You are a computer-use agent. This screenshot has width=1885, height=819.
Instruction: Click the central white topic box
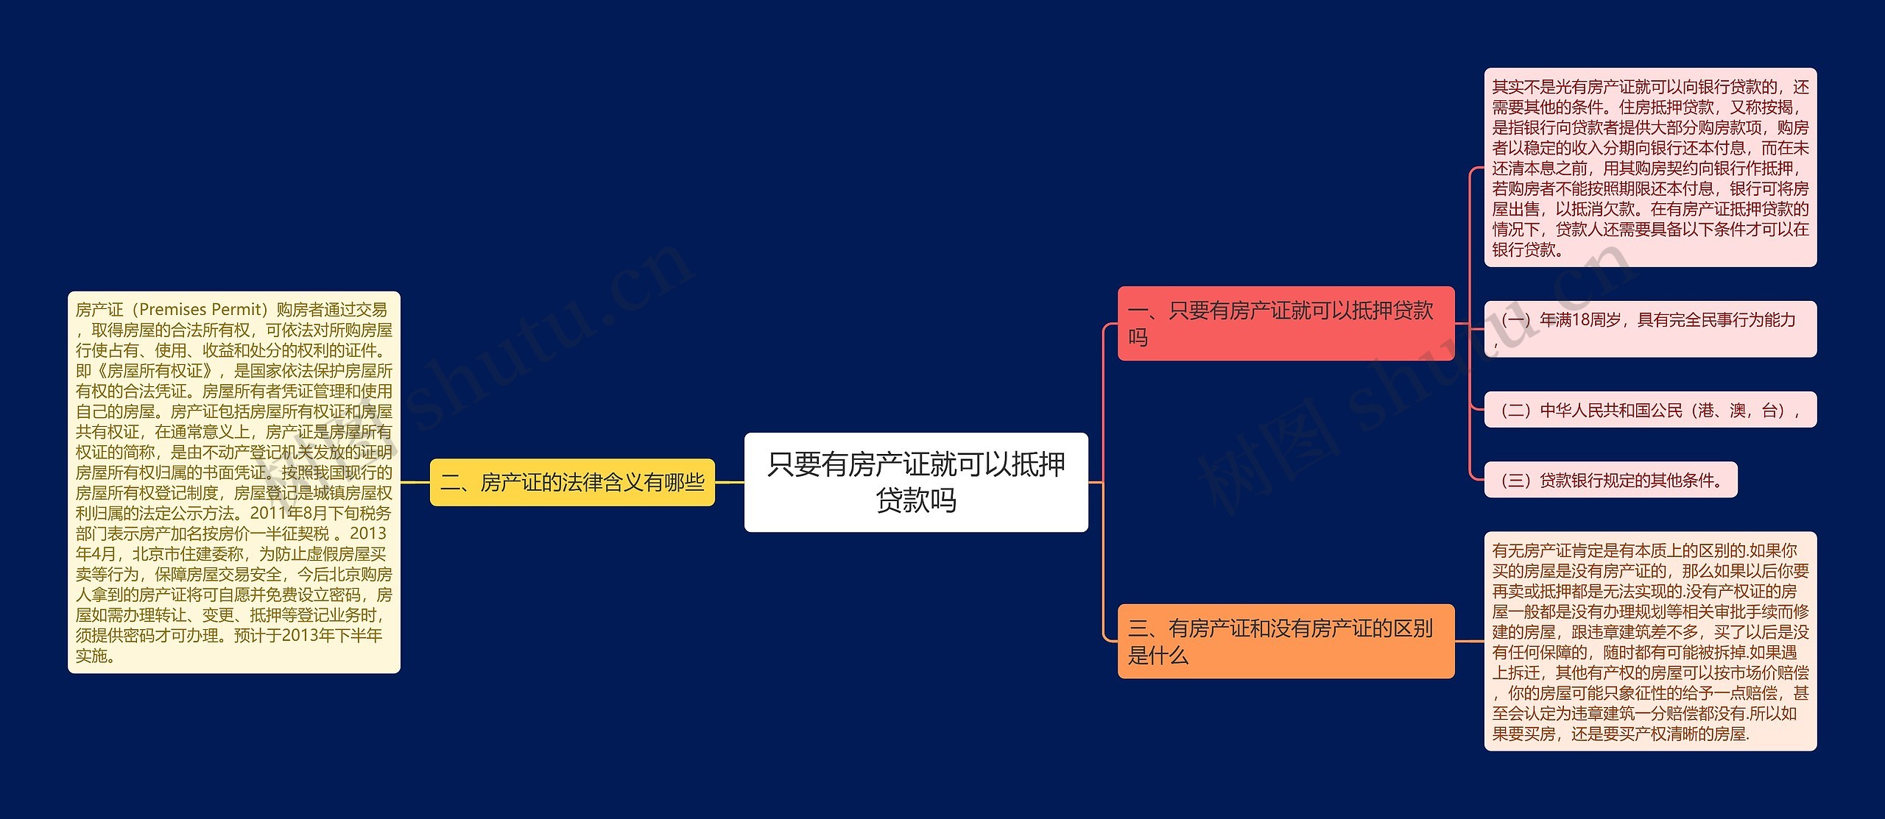click(915, 482)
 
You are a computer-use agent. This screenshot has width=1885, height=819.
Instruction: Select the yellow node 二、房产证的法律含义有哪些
click(572, 483)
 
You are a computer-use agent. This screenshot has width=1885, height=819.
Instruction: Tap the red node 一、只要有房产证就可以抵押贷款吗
click(1285, 323)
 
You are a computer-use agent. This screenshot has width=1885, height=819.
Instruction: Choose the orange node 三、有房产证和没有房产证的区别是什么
click(1285, 641)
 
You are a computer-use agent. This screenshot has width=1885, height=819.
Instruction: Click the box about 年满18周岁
click(1649, 329)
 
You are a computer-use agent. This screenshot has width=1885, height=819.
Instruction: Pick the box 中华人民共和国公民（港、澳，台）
click(1649, 410)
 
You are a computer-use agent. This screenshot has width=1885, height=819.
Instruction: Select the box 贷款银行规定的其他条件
click(1610, 480)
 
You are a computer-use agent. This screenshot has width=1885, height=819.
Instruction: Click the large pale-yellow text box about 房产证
click(234, 482)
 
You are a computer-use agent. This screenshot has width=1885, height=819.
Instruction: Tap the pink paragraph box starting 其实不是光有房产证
click(1649, 168)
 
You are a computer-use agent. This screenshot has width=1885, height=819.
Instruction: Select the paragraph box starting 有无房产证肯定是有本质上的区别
click(1649, 641)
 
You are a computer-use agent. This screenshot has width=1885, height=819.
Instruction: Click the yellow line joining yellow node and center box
click(729, 483)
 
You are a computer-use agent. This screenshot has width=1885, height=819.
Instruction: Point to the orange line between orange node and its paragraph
click(1469, 641)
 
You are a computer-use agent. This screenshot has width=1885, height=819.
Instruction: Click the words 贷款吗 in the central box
click(915, 500)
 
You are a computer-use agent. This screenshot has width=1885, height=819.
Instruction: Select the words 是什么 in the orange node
click(1158, 655)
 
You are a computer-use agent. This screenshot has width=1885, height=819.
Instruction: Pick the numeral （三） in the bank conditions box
click(1516, 481)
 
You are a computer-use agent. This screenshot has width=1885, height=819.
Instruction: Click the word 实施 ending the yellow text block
click(91, 656)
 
